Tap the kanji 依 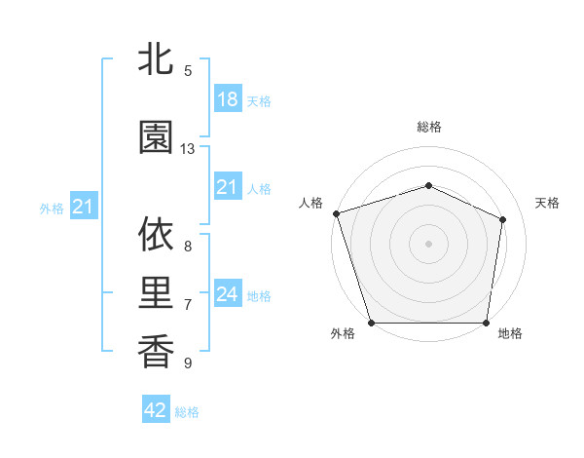tap(156, 235)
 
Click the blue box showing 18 tap(227, 99)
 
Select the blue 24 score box tap(227, 294)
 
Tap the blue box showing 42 tap(156, 410)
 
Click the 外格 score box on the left tap(83, 207)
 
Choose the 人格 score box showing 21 tap(227, 187)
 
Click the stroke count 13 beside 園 tap(188, 149)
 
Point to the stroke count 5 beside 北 tap(188, 71)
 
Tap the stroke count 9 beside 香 tap(188, 363)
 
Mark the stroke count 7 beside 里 tap(188, 305)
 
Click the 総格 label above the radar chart tap(429, 127)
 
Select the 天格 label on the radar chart tap(548, 203)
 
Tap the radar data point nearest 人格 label tap(337, 213)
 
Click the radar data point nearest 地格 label tap(487, 323)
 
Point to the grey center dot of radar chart tap(429, 244)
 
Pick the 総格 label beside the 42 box tap(187, 412)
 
